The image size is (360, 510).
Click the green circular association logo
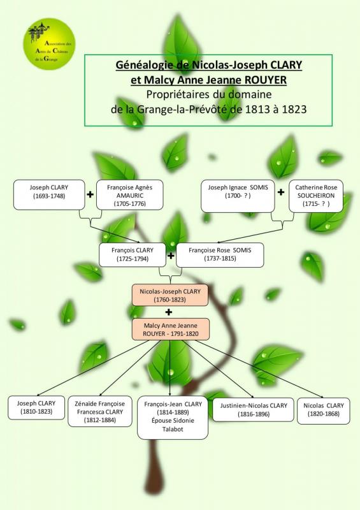[49, 44]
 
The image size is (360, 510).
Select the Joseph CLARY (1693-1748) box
[49, 194]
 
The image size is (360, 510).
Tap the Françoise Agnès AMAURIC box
[130, 195]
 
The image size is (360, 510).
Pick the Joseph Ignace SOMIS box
[238, 196]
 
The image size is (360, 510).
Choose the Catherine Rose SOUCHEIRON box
[316, 196]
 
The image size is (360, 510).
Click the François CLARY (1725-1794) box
[133, 254]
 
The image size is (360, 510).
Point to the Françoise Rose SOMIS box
[220, 255]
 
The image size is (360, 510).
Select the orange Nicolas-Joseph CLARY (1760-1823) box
[169, 295]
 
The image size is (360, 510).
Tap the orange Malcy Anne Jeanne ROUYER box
[170, 329]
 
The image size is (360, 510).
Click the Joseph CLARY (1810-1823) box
[36, 407]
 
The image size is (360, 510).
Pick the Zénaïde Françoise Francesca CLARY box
[100, 411]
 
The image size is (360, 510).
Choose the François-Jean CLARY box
[173, 418]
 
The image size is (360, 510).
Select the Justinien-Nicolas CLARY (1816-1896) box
[254, 409]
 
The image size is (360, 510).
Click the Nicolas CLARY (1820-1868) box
[324, 411]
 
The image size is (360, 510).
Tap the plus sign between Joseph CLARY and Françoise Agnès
[90, 194]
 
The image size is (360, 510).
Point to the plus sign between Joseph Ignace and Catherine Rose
[281, 192]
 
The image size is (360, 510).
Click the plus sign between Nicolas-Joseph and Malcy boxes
[168, 312]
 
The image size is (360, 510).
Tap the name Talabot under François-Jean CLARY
[173, 429]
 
